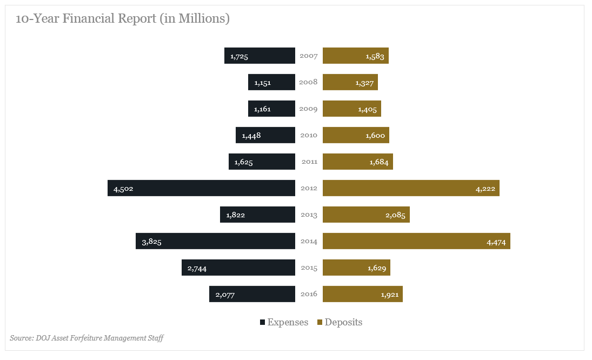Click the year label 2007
pos(309,56)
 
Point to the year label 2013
pos(309,215)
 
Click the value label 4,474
pos(496,241)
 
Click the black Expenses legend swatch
pos(262,322)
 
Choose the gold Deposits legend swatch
pos(320,322)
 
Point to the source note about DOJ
pos(87,338)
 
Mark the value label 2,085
pos(394,215)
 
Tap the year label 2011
pos(309,162)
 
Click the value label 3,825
pos(151,241)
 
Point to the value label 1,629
pos(376,268)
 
